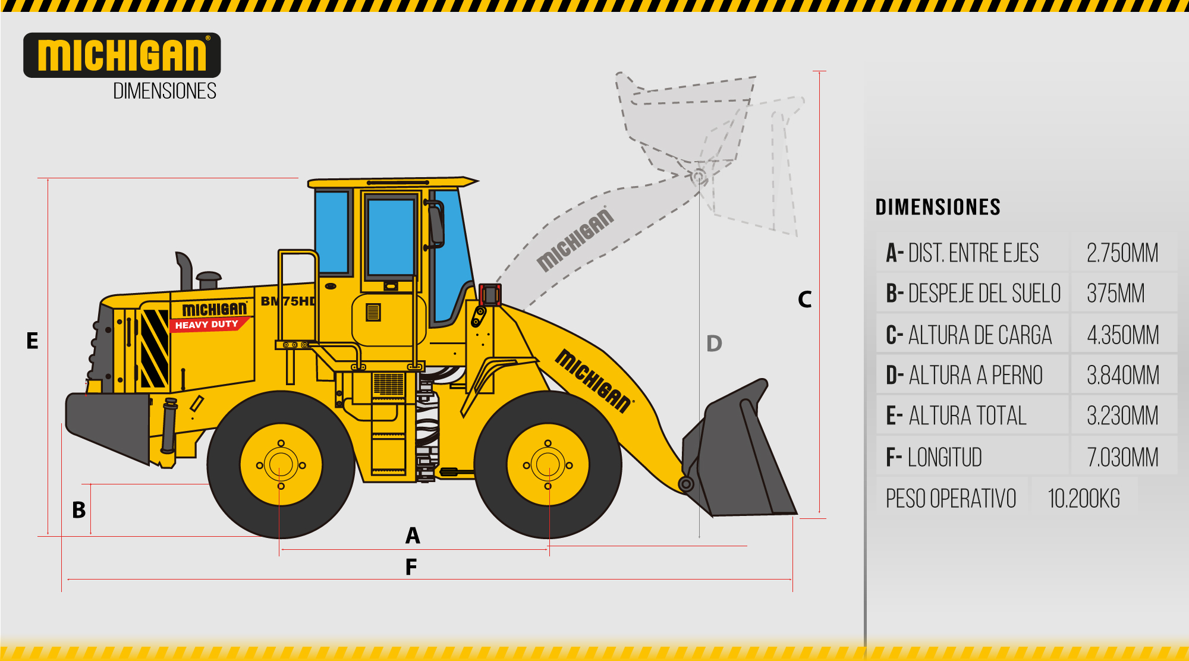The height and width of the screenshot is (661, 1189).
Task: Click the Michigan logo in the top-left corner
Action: tap(122, 55)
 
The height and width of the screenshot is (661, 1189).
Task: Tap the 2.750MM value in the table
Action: tap(1122, 253)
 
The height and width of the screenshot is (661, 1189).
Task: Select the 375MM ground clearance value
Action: tap(1115, 294)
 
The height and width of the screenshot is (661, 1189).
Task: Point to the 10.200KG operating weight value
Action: tap(1084, 499)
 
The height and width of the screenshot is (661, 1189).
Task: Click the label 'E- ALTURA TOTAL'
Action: tap(956, 416)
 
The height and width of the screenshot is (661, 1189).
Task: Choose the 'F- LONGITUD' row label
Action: tap(934, 458)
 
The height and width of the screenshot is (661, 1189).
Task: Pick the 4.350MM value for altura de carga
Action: tap(1122, 335)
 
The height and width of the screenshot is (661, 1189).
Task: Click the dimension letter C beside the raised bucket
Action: tap(804, 299)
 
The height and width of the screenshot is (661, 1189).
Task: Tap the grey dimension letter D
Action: tap(714, 344)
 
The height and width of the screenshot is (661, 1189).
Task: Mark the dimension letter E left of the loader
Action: tap(32, 341)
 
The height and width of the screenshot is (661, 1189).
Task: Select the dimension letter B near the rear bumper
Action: tap(78, 510)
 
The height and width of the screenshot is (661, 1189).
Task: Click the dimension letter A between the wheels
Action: tap(413, 536)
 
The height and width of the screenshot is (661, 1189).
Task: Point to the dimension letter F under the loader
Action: tap(411, 567)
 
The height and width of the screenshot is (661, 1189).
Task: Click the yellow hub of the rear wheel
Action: tap(281, 465)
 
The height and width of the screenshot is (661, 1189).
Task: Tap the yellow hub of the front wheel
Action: tap(548, 465)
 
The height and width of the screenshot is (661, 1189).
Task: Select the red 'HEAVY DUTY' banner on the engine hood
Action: tap(209, 325)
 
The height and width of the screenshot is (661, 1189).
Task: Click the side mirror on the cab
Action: tap(436, 224)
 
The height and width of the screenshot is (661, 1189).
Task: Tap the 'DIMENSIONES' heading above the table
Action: tap(938, 207)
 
